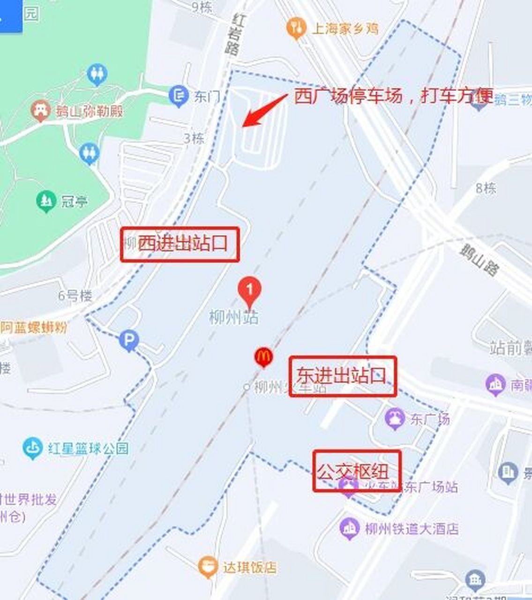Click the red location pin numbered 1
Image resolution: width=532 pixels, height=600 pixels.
pos(249,291)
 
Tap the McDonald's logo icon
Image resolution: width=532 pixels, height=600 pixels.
pos(263,357)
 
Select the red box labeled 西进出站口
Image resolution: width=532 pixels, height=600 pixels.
pos(180,244)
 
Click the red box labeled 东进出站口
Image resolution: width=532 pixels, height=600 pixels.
pos(343,376)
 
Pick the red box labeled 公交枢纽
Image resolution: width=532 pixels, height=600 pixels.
pos(357,471)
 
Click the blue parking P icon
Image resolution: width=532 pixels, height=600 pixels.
pos(129,340)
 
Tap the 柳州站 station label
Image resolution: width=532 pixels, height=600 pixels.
pos(233,318)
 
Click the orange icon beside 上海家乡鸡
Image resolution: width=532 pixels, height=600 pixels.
pos(296,28)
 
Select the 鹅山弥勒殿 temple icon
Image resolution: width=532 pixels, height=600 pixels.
pos(41,111)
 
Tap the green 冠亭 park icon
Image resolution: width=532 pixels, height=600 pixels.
pos(46,202)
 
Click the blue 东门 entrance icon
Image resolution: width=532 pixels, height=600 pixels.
pos(179,97)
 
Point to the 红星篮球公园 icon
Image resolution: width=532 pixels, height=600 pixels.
pos(33,448)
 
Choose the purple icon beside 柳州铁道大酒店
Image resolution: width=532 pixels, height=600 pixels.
pos(349,529)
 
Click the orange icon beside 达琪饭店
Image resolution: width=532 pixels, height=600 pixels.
pos(207,567)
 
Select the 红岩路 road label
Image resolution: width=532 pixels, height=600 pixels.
pos(235,34)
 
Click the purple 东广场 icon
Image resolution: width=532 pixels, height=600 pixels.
pos(395,419)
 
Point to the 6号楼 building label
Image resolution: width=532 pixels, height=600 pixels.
pos(75,296)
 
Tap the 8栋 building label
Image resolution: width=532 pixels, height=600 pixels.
pos(486,188)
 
